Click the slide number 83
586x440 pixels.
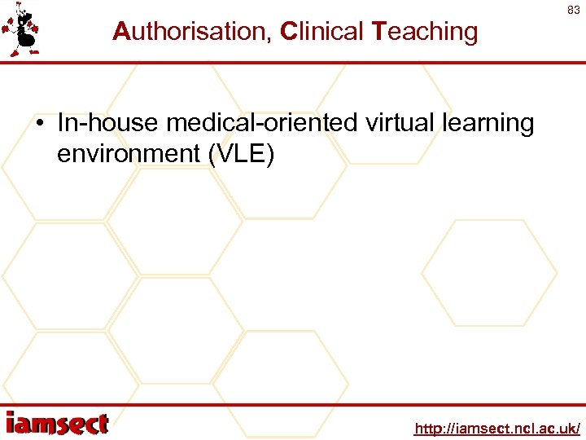pyautogui.click(x=573, y=11)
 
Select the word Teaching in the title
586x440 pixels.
pyautogui.click(x=425, y=32)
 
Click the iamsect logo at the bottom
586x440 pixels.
pyautogui.click(x=57, y=424)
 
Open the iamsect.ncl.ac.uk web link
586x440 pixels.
pyautogui.click(x=497, y=428)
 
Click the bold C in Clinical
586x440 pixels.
pyautogui.click(x=287, y=32)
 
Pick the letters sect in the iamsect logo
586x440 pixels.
pyautogui.click(x=79, y=424)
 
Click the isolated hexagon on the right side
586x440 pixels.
pyautogui.click(x=489, y=273)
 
